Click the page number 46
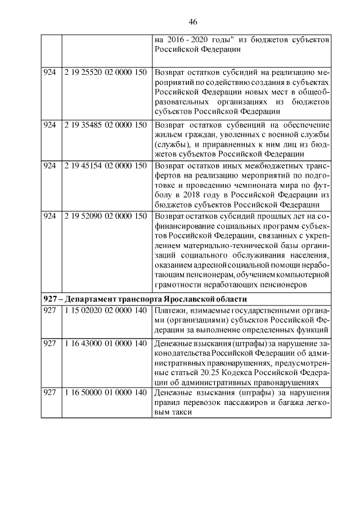click(192, 22)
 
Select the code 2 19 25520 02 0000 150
click(105, 73)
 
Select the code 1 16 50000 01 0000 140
click(105, 393)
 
